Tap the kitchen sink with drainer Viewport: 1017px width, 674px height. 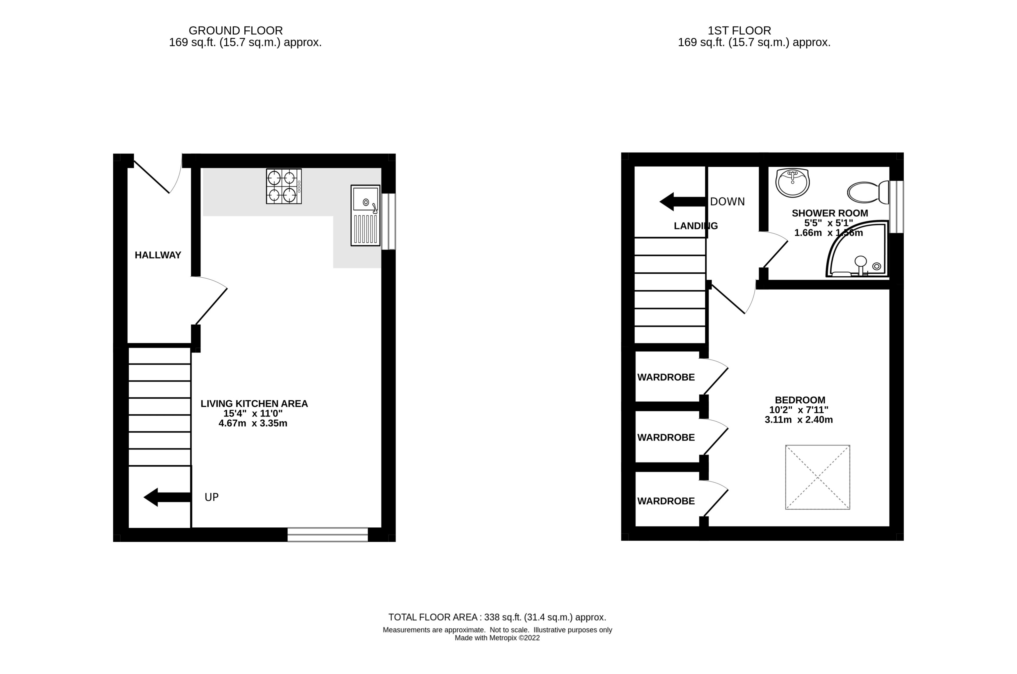coord(365,215)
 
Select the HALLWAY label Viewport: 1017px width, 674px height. coord(158,255)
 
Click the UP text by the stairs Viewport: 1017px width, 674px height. coord(212,497)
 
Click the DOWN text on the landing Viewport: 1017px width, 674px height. coord(727,202)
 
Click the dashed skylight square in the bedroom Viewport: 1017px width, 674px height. coord(817,477)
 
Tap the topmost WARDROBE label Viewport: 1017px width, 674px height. coord(666,378)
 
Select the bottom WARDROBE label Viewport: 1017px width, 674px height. coord(666,501)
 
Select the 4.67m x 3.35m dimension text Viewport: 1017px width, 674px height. coord(253,423)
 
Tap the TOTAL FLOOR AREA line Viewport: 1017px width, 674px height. coord(497,617)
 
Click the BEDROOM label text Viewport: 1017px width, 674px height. coord(800,400)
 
